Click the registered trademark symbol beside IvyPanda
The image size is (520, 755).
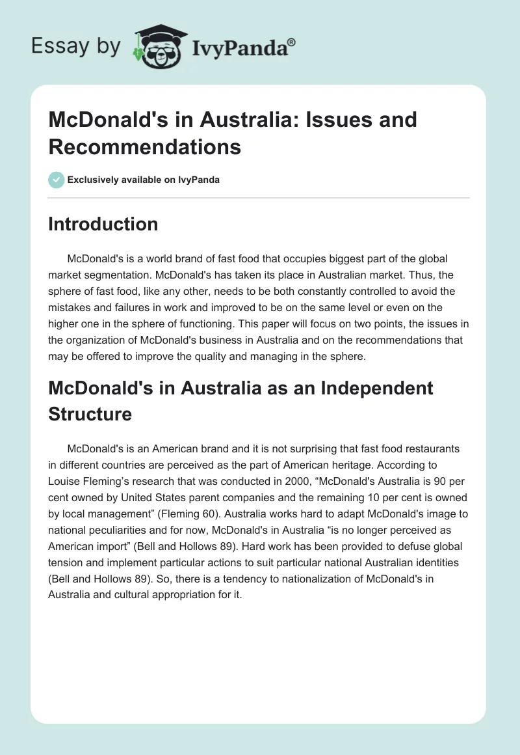pyautogui.click(x=292, y=42)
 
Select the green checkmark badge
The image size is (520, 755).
pyautogui.click(x=57, y=180)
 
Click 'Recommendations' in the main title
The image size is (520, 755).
pyautogui.click(x=145, y=146)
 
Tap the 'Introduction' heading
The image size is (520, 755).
pyautogui.click(x=103, y=225)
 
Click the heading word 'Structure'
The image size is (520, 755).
pyautogui.click(x=90, y=414)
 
